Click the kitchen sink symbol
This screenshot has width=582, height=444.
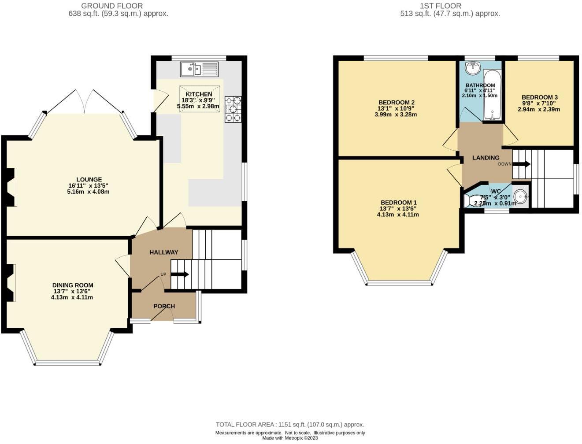(199, 69)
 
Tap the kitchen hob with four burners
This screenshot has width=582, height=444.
(233, 109)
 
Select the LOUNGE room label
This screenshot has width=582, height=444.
(89, 180)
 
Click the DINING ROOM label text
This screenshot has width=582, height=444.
(73, 285)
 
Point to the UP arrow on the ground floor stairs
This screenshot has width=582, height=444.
(179, 274)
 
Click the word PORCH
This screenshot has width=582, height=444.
(164, 306)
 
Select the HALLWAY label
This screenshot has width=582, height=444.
(163, 252)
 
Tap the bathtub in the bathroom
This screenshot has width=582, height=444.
(491, 94)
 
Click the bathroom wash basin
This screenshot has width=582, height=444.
(474, 67)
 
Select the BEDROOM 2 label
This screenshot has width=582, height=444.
(397, 103)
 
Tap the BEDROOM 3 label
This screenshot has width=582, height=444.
(539, 97)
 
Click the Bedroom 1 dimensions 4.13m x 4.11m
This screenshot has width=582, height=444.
(397, 215)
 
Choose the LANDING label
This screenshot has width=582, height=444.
(486, 158)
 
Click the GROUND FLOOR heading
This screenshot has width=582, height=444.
(112, 6)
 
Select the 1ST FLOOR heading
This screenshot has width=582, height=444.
(440, 6)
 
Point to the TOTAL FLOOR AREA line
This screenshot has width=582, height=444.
(289, 425)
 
